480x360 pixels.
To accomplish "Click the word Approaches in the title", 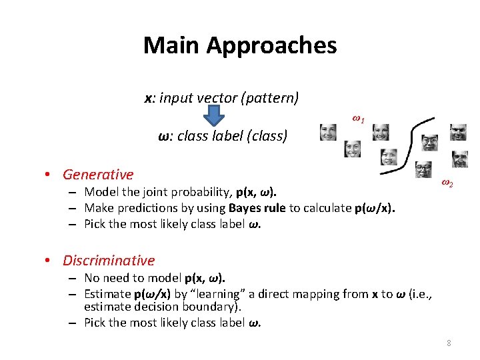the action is pyautogui.click(x=271, y=46).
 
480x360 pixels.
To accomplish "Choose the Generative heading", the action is pyautogui.click(x=98, y=175).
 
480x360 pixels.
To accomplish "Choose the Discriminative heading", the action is pyautogui.click(x=109, y=261).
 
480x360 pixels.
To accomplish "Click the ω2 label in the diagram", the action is pyautogui.click(x=447, y=183).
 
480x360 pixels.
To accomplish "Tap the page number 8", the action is pyautogui.click(x=449, y=343).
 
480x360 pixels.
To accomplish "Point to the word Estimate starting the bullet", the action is pyautogui.click(x=107, y=294).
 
